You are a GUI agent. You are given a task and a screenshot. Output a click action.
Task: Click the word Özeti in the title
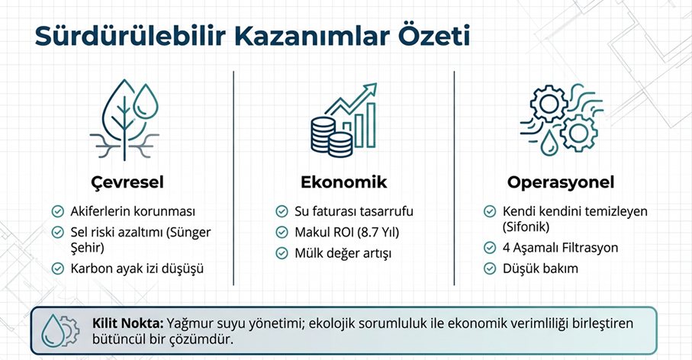click(x=434, y=36)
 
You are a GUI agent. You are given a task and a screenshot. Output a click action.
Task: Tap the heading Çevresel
click(x=127, y=182)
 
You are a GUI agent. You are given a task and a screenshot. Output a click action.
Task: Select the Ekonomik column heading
click(x=344, y=182)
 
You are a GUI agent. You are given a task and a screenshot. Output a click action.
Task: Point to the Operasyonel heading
click(x=561, y=182)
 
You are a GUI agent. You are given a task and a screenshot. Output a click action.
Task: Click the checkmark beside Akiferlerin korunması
click(x=58, y=211)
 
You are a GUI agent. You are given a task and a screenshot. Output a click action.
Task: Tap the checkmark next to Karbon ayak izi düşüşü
click(x=58, y=268)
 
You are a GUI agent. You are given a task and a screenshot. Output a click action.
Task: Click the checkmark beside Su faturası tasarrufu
click(x=282, y=211)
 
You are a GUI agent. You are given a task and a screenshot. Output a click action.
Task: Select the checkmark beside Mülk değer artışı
click(x=282, y=253)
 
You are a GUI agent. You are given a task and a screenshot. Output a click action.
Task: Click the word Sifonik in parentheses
click(x=526, y=227)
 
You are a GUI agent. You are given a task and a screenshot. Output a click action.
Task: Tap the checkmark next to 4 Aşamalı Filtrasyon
click(x=490, y=247)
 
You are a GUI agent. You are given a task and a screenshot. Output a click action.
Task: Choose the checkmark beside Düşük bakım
click(x=490, y=268)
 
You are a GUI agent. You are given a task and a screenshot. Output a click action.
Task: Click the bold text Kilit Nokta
click(x=127, y=323)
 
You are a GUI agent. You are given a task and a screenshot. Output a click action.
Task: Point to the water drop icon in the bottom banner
click(x=52, y=330)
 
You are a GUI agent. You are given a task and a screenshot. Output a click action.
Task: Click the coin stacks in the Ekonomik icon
click(x=331, y=137)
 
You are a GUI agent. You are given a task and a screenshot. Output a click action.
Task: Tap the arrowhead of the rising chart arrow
click(x=370, y=88)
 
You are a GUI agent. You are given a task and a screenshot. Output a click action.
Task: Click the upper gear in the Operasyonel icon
click(x=549, y=104)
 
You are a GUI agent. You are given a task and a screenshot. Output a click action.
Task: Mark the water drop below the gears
click(x=549, y=143)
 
